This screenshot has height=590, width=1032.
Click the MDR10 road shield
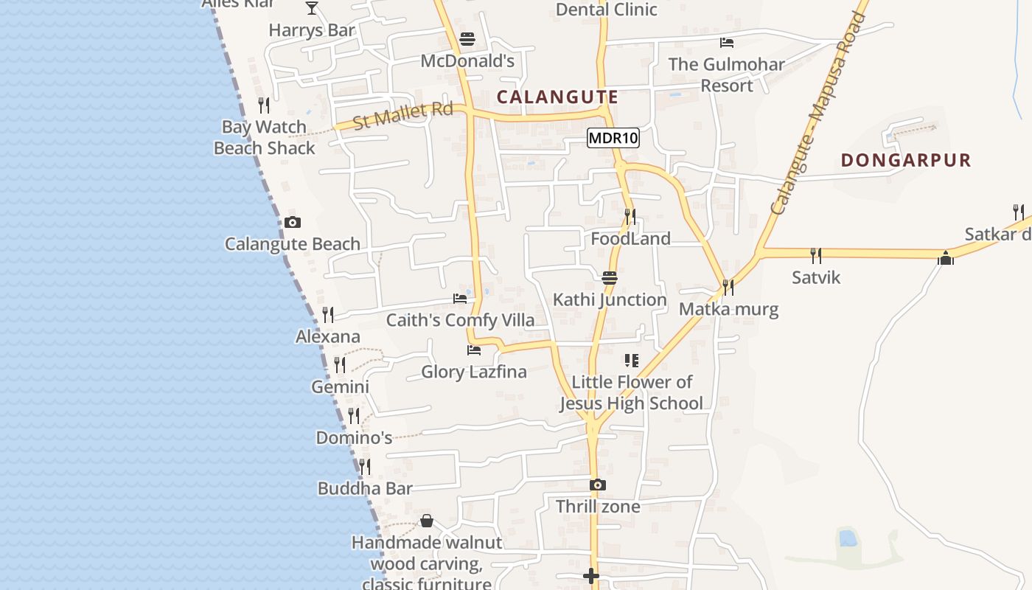613,138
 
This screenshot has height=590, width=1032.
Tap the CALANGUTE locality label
557,97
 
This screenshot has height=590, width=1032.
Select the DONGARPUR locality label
906,160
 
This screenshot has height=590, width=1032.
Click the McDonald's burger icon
467,38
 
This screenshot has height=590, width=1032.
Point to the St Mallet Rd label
402,116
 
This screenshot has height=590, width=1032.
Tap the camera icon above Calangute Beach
292,222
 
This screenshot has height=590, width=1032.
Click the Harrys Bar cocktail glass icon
312,8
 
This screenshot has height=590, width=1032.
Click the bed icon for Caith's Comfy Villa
460,299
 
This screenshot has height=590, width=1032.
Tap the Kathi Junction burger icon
609,278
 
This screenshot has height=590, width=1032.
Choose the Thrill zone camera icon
598,485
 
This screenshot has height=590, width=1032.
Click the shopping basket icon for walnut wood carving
426,521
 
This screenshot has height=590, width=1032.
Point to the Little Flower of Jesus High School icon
632,361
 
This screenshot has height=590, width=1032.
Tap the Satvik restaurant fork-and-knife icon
815,256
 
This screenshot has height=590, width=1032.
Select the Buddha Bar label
365,488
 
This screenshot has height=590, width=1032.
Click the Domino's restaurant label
354,437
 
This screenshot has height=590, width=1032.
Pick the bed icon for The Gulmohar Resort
726,43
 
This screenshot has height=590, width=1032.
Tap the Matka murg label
728,308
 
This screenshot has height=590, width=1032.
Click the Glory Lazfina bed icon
473,350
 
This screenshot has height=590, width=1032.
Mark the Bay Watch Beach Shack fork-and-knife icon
264,105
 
